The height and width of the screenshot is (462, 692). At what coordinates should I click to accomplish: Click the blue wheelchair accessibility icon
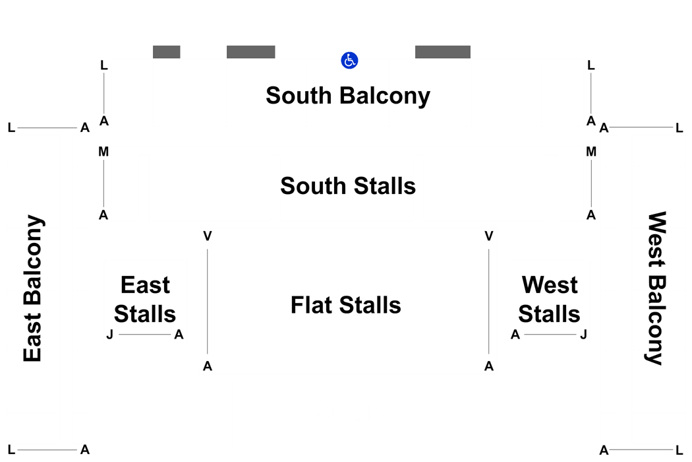[x=349, y=61]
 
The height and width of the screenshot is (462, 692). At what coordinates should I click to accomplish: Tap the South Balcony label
[x=348, y=96]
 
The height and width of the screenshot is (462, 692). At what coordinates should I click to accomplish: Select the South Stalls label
[x=348, y=185]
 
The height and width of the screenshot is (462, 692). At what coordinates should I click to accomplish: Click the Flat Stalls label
[x=345, y=305]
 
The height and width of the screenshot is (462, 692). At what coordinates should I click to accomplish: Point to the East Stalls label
[x=145, y=299]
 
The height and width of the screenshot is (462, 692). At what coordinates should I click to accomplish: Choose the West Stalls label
[x=549, y=299]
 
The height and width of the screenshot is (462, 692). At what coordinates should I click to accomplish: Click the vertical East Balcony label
[x=33, y=288]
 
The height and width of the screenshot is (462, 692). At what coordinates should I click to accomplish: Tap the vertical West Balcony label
[x=656, y=288]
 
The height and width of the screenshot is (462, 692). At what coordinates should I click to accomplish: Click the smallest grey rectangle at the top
[x=166, y=51]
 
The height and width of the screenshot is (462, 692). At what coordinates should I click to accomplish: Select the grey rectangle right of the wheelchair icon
[x=443, y=51]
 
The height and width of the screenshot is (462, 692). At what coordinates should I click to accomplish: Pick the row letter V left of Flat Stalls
[x=208, y=236]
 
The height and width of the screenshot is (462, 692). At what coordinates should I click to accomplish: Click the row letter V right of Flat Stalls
[x=488, y=236]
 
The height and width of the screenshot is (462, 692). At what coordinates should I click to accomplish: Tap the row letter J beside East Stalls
[x=110, y=335]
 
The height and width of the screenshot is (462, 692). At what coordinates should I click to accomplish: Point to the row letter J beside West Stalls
[x=583, y=335]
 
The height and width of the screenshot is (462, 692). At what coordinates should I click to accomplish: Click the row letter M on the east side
[x=103, y=152]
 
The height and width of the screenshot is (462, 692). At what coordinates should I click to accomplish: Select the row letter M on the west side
[x=591, y=152]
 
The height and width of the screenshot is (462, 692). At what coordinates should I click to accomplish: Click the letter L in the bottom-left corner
[x=11, y=450]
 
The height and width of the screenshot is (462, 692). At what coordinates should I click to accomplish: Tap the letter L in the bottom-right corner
[x=679, y=450]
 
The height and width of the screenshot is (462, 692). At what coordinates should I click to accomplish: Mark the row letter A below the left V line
[x=208, y=366]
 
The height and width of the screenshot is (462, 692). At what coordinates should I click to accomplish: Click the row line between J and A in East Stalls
[x=145, y=335]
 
